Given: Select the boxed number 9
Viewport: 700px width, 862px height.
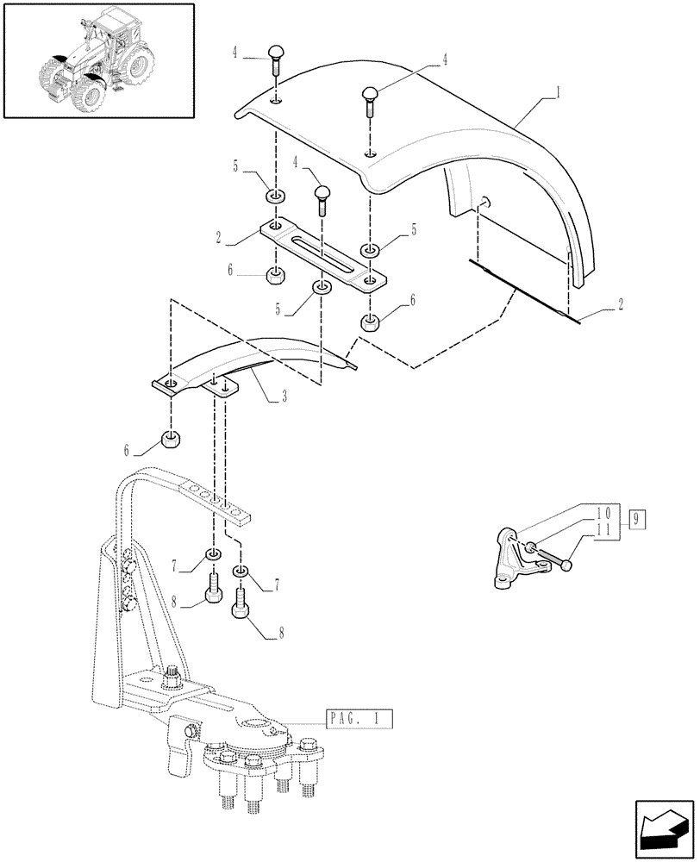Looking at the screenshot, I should pyautogui.click(x=637, y=519).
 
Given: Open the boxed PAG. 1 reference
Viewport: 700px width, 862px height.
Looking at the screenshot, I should pyautogui.click(x=359, y=717).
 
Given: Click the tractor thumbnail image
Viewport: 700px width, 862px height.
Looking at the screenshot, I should pyautogui.click(x=97, y=60).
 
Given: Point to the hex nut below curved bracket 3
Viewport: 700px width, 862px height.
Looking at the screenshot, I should pyautogui.click(x=170, y=440).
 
